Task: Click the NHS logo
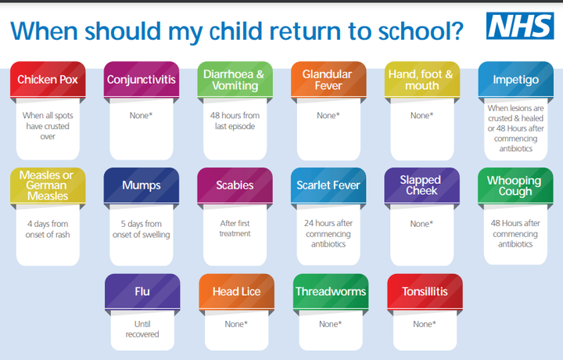520,26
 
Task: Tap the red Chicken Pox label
48,79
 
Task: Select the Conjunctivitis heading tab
142,79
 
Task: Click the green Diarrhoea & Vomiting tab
235,79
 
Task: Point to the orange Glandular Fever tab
328,79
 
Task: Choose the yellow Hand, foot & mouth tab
422,79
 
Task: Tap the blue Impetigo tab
515,79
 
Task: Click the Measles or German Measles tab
48,185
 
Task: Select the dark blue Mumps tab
142,185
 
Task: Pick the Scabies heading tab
235,185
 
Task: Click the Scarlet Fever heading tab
328,185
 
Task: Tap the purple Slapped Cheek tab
422,185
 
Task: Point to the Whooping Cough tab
515,185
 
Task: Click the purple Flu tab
142,291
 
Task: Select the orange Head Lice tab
237,291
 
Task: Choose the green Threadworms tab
331,291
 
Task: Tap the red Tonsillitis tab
425,291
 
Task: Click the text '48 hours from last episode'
235,121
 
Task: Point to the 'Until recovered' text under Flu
142,329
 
